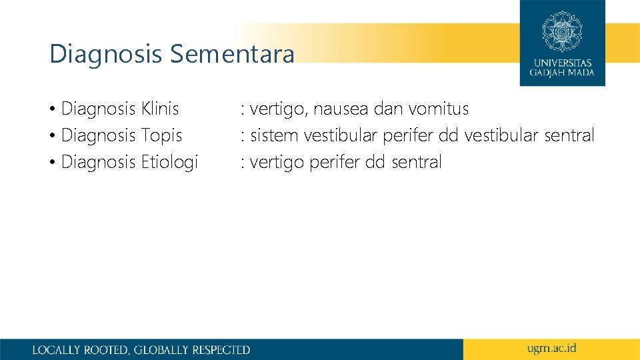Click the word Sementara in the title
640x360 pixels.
[x=231, y=54]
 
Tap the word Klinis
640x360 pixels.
[x=160, y=109]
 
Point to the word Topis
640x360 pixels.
[x=161, y=135]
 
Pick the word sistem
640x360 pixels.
[x=275, y=135]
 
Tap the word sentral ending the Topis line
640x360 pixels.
[x=569, y=135]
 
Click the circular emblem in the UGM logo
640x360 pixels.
[x=562, y=31]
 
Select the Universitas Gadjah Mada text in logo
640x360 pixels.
[x=562, y=67]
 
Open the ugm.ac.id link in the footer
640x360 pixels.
[x=551, y=348]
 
